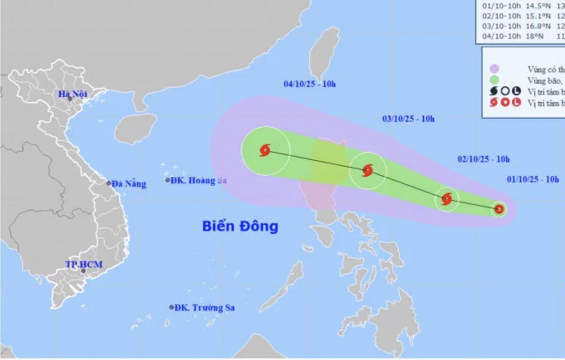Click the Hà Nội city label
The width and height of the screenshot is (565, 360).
73,94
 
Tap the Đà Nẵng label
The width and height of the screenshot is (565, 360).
129,184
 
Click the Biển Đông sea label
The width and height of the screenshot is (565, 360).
240,226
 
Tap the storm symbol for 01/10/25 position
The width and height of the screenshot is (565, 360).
499,209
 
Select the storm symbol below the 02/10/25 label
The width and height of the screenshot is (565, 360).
447,199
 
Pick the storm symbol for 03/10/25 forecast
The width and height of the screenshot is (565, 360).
368,170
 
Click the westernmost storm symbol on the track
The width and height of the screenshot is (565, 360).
265,151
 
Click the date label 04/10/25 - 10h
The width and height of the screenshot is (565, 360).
309,84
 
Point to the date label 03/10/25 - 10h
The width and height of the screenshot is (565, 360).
408,119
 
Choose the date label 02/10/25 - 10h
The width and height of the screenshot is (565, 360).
484,159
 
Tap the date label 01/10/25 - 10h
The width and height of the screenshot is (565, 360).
533,179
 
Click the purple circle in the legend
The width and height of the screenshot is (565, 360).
494,69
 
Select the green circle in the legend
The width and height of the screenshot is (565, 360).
494,80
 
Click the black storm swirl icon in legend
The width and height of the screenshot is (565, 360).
493,91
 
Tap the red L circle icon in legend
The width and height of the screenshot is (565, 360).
517,102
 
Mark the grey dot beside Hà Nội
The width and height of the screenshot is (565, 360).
70,98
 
